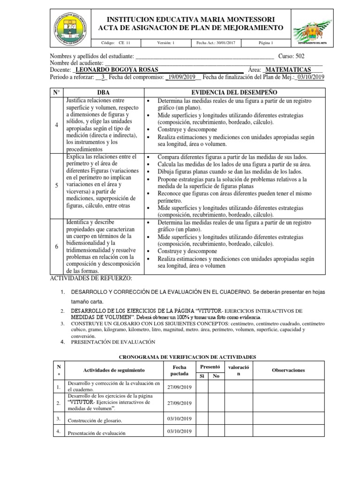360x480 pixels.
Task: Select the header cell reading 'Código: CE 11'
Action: tap(119, 43)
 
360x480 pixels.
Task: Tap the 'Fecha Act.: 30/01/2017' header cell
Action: tap(216, 43)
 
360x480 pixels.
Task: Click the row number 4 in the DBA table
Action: tap(56, 125)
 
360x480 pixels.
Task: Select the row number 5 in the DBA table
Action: tap(56, 186)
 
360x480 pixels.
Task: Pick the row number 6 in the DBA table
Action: tap(56, 246)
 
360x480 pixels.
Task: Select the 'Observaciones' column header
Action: tap(288, 370)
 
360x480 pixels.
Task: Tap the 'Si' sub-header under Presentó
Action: tap(202, 375)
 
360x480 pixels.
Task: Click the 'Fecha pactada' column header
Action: tap(180, 370)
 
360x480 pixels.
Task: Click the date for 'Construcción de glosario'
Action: tap(180, 419)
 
